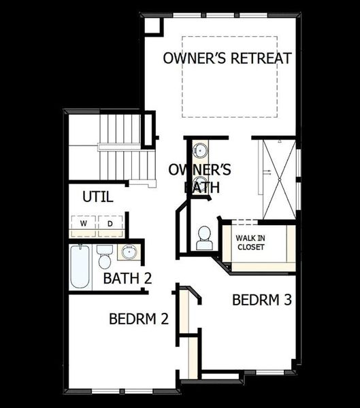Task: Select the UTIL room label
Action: point(97,198)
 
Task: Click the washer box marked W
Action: point(84,223)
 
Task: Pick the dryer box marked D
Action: point(110,223)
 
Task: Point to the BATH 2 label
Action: point(127,278)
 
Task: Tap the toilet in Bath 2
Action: point(104,258)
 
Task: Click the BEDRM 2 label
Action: point(139,318)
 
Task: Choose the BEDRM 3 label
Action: point(262,300)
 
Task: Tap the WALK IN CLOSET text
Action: point(251,242)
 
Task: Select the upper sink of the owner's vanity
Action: point(200,150)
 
